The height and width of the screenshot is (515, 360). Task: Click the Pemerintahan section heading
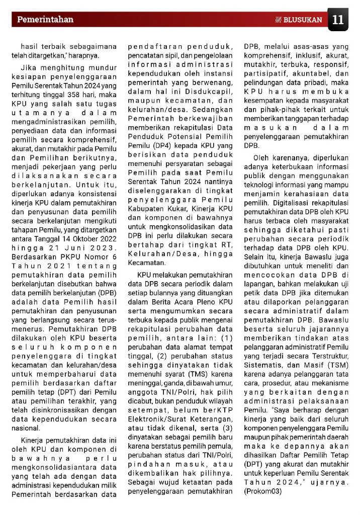[x=45, y=20]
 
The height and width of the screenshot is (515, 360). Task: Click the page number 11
[x=338, y=20]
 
